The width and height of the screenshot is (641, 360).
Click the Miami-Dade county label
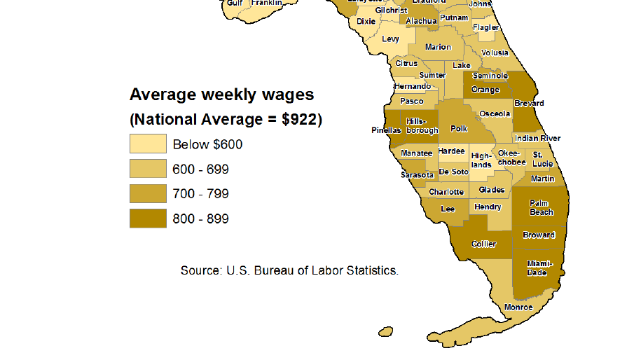coord(537,268)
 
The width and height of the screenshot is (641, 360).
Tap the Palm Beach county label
coord(541,207)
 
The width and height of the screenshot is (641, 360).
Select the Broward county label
coord(538,235)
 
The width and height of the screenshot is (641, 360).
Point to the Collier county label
coord(483,244)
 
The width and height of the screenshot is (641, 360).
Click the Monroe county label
coord(518,307)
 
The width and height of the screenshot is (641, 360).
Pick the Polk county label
coord(459,129)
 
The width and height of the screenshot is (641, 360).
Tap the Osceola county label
coord(495,113)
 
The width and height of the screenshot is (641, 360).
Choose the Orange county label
coord(485,90)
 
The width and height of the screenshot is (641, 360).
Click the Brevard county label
coord(528,103)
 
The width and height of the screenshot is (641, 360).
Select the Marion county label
coord(438,48)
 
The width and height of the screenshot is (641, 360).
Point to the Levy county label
coord(390,39)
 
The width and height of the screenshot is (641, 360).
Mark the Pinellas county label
coord(386,130)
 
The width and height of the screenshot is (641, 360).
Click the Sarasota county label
coord(417,174)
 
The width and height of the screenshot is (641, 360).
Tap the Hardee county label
coord(451,151)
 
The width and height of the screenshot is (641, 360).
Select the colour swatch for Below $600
coord(148,144)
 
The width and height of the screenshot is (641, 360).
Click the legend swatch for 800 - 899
coord(148,219)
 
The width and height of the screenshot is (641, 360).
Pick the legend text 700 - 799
coord(200,194)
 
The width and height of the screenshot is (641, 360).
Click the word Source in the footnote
coord(199,270)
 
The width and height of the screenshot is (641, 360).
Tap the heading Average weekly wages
coord(221,95)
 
